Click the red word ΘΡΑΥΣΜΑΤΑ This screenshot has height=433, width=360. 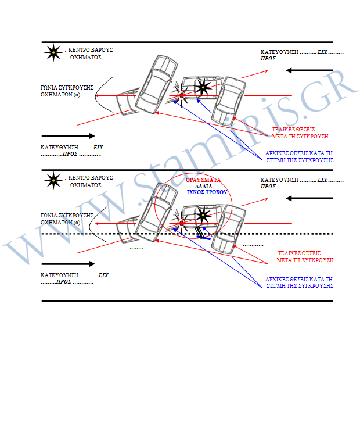pyautogui.click(x=203, y=180)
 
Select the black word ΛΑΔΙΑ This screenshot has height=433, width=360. pyautogui.click(x=204, y=187)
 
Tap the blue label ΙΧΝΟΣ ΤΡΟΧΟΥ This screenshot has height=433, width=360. pyautogui.click(x=207, y=192)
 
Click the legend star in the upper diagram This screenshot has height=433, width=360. pyautogui.click(x=53, y=52)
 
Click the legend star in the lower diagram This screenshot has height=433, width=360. pyautogui.click(x=53, y=180)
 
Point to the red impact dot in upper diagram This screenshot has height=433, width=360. pyautogui.click(x=182, y=95)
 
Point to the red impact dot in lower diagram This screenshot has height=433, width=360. pyautogui.click(x=182, y=223)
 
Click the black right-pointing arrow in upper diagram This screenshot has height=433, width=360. pyautogui.click(x=68, y=136)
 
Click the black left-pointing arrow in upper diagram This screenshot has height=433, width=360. pyautogui.click(x=309, y=70)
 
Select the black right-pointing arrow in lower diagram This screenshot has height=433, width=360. pyautogui.click(x=68, y=264)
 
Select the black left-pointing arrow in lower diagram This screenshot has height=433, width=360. pyautogui.click(x=309, y=198)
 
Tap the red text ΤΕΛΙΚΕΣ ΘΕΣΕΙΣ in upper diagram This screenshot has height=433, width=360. pyautogui.click(x=294, y=129)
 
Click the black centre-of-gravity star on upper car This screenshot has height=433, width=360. pyautogui.click(x=203, y=87)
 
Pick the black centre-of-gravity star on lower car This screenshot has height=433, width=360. pyautogui.click(x=203, y=215)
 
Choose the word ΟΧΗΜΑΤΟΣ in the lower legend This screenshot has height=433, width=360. pyautogui.click(x=85, y=185)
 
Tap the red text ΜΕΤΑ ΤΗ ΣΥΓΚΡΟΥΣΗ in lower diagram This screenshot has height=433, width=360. pyautogui.click(x=305, y=260)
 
